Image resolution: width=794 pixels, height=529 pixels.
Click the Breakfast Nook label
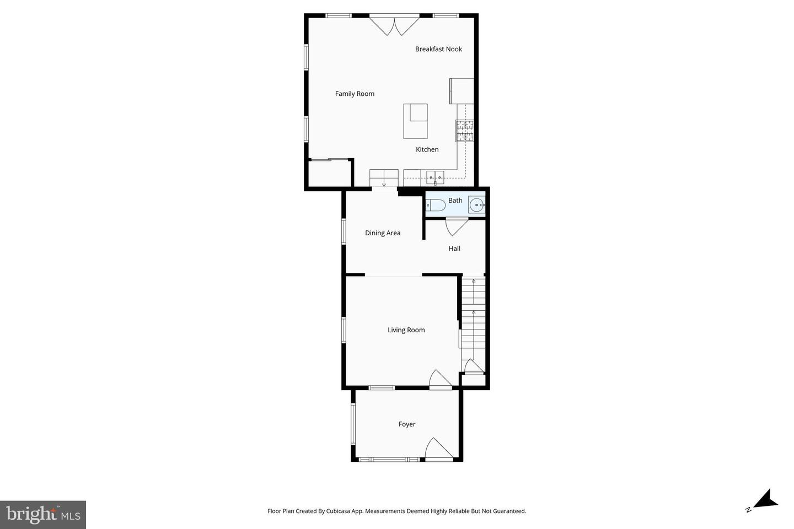tap(438, 49)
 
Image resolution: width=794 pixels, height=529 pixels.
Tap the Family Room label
tap(355, 94)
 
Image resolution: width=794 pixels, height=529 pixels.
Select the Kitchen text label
tap(427, 149)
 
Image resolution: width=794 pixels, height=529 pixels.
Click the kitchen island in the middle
tap(415, 121)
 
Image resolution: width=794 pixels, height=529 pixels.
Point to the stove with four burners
tap(464, 131)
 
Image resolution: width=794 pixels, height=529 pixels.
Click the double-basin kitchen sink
tap(435, 177)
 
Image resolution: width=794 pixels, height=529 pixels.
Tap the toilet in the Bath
tap(436, 206)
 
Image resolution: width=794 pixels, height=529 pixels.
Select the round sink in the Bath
tap(476, 205)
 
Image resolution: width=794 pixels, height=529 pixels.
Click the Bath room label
tap(455, 201)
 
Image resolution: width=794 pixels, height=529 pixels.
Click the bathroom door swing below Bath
tap(456, 226)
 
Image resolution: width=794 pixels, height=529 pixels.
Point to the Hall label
tap(454, 249)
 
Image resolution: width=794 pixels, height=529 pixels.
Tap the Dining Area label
tap(383, 233)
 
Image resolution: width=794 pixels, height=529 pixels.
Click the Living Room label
tap(406, 330)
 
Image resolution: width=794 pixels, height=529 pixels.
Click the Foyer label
tap(407, 424)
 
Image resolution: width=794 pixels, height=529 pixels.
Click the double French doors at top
tap(394, 25)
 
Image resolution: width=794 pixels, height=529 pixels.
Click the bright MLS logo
tap(43, 515)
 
